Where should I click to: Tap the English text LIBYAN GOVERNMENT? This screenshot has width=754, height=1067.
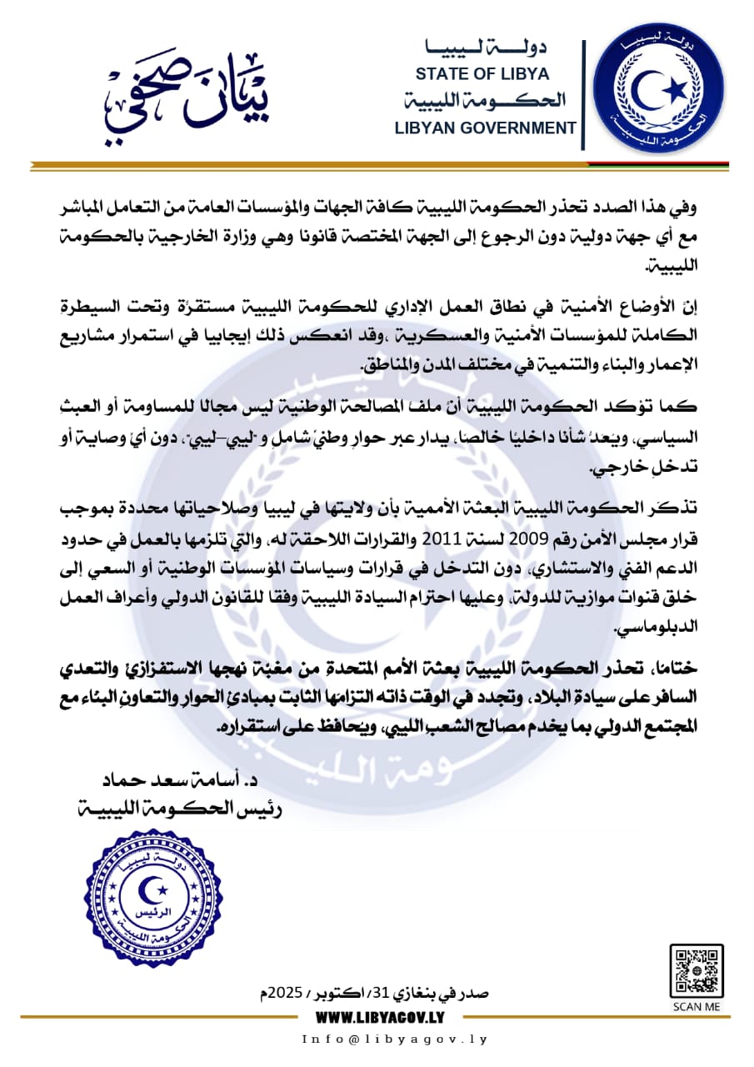[486, 128]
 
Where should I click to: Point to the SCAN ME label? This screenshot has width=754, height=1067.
[697, 1006]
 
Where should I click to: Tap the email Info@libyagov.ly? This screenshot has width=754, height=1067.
[393, 1039]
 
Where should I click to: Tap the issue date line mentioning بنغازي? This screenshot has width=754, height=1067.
[375, 993]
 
